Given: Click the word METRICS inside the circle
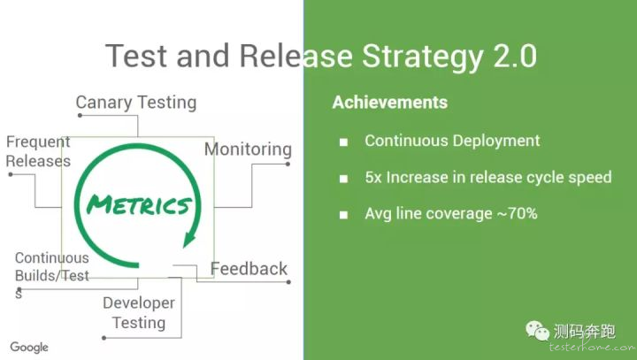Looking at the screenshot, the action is [x=139, y=204].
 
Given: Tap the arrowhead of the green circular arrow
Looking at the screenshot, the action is [x=189, y=240].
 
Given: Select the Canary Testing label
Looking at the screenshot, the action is [x=136, y=103].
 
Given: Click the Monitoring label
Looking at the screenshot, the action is [x=248, y=149].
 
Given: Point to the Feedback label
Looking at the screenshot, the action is [x=249, y=269].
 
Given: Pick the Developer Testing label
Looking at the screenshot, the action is [x=139, y=313].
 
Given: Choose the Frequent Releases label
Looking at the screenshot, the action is [x=38, y=151].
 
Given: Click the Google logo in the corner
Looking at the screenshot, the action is [x=29, y=348].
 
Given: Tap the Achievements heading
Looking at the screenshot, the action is [x=389, y=103].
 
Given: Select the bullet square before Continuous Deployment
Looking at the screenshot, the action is [x=343, y=142].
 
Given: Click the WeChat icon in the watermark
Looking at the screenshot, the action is [x=538, y=330].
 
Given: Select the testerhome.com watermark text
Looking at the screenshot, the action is [x=592, y=347].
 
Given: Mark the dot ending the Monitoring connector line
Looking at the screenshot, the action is [x=288, y=165].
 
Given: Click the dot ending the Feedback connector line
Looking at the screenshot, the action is [x=288, y=282].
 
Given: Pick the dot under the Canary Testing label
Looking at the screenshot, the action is [x=80, y=115].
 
